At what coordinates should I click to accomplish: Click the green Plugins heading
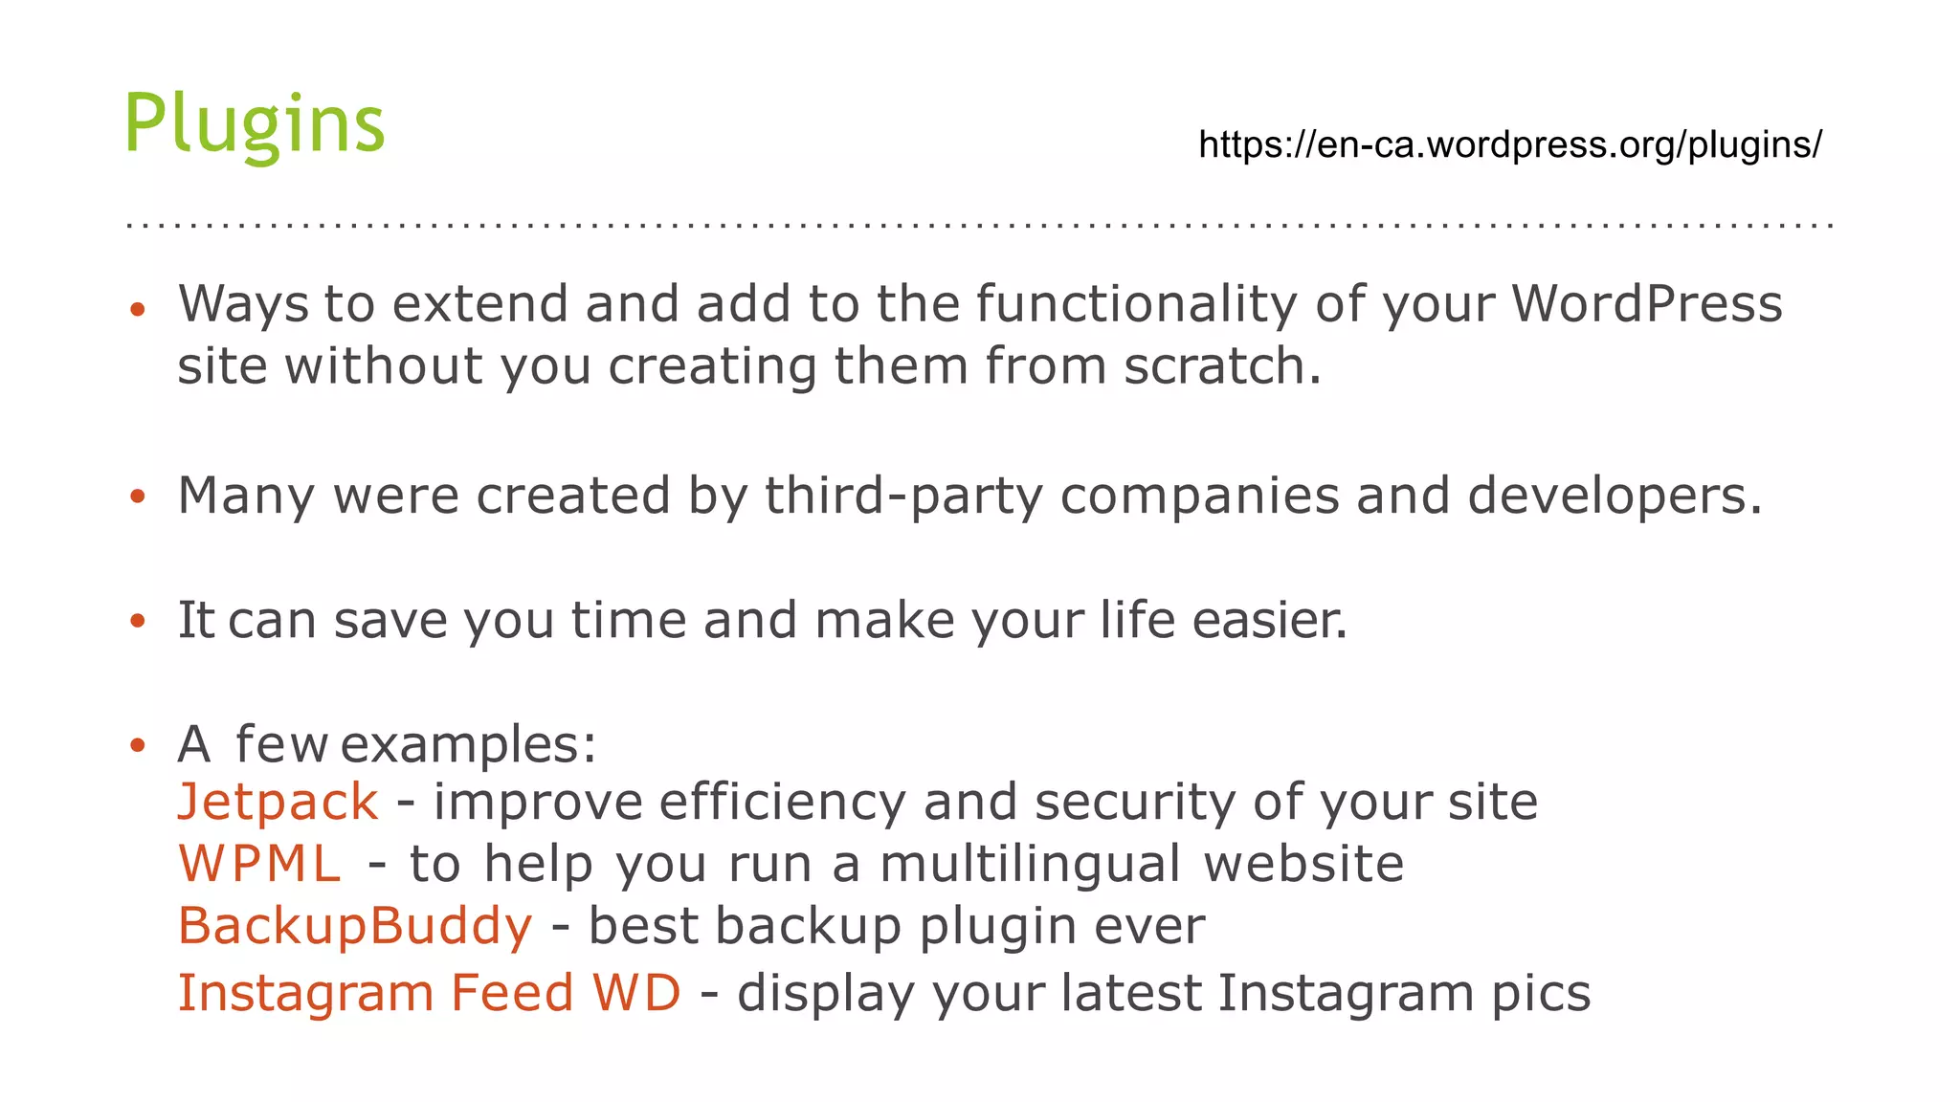click(x=255, y=123)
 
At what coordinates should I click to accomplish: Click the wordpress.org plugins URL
click(x=1510, y=144)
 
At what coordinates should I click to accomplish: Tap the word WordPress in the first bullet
click(x=1647, y=304)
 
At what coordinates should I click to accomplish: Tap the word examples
click(x=468, y=744)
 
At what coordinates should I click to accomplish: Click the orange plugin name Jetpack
click(x=278, y=802)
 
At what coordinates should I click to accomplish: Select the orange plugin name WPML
click(x=260, y=864)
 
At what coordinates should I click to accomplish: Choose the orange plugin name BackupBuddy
click(x=355, y=926)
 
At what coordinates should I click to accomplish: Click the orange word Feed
click(x=512, y=992)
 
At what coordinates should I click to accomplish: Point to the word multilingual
click(x=1030, y=864)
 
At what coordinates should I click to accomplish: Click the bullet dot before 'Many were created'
click(x=138, y=496)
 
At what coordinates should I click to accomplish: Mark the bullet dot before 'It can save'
click(x=138, y=621)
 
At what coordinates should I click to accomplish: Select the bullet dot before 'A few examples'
click(x=138, y=745)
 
